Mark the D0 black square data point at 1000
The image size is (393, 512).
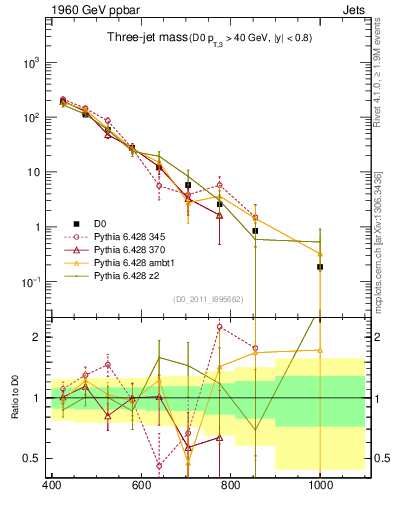(320, 267)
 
